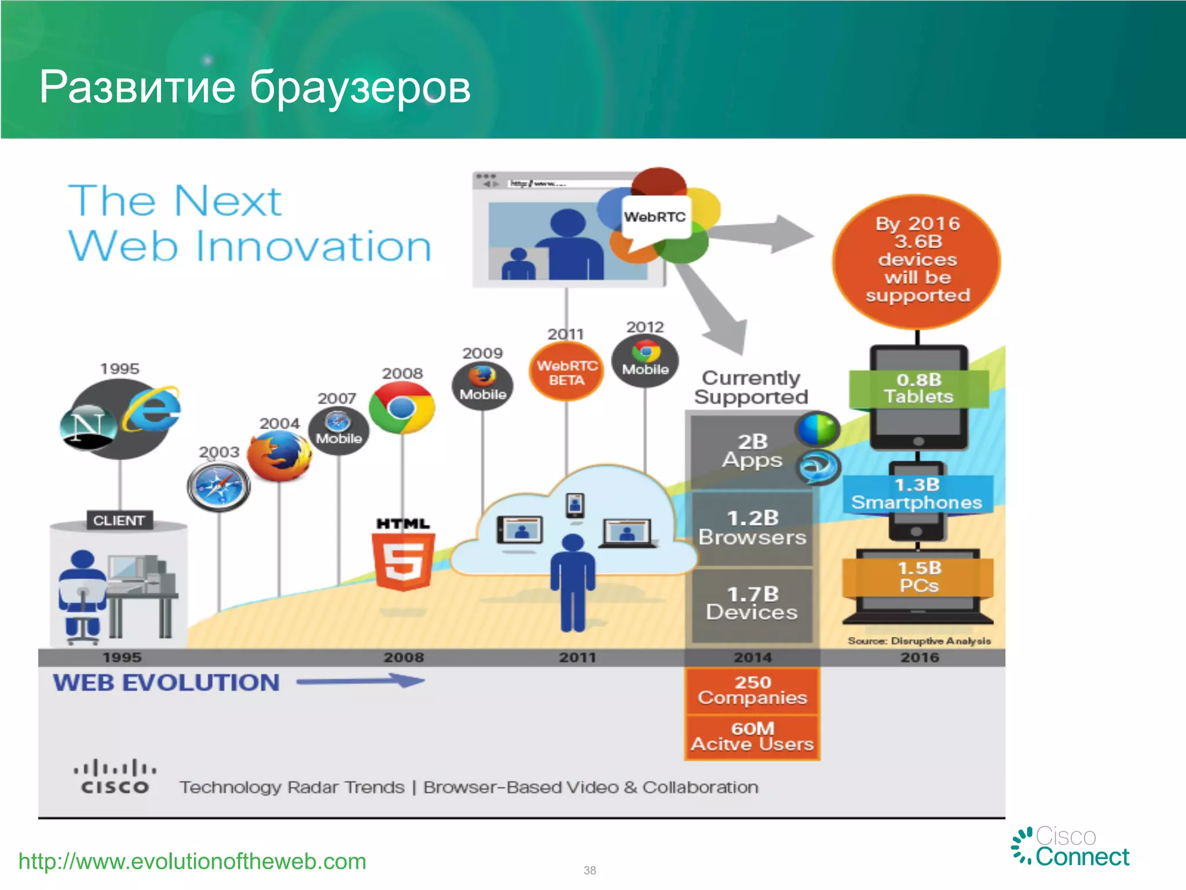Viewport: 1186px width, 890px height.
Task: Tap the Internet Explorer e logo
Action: [x=152, y=409]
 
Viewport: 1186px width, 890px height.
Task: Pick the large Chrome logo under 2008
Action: [x=402, y=408]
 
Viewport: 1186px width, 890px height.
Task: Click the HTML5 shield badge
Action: [x=403, y=561]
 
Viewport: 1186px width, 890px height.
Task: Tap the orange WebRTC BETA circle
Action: [x=566, y=373]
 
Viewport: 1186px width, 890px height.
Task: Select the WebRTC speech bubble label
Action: [x=655, y=218]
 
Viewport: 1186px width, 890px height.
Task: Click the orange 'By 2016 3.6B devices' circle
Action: [x=917, y=260]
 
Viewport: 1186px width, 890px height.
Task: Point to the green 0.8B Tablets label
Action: [x=918, y=389]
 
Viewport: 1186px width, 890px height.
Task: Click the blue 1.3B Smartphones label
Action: [x=917, y=494]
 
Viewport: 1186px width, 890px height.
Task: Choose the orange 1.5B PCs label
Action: [x=918, y=577]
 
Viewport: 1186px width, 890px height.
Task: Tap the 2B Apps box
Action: [x=752, y=451]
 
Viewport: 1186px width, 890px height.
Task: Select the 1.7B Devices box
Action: [x=752, y=604]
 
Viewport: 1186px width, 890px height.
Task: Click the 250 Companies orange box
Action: [x=752, y=690]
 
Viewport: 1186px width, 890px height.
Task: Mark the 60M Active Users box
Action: [x=752, y=736]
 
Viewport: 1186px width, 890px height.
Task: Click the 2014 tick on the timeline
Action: [x=752, y=658]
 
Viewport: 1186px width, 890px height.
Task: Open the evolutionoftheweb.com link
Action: [x=192, y=862]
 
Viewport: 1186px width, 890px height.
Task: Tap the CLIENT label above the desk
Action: [x=119, y=520]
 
